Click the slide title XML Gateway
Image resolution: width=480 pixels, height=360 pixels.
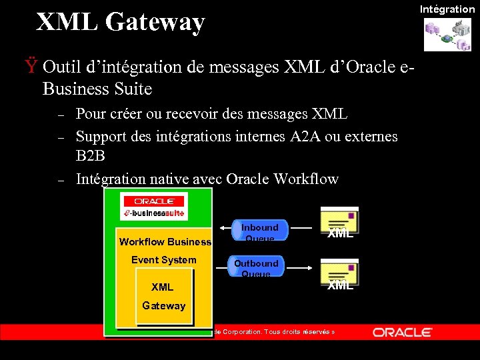(x=120, y=22)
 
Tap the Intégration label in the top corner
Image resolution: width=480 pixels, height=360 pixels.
(x=447, y=9)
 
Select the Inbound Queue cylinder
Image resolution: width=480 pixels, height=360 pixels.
(x=260, y=231)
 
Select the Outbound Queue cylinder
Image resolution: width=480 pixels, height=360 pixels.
(x=256, y=267)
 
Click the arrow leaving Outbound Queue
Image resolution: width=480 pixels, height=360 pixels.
(x=297, y=267)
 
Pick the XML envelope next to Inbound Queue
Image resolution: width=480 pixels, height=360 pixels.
(x=339, y=223)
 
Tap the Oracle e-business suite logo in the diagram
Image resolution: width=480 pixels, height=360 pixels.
(x=154, y=207)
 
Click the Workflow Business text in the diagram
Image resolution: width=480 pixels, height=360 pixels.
(x=165, y=242)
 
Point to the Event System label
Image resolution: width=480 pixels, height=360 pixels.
(x=163, y=260)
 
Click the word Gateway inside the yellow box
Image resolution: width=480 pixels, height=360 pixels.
(x=163, y=305)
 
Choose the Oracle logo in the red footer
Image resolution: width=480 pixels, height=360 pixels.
(x=403, y=332)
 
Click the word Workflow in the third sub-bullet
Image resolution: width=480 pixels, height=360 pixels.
(x=307, y=179)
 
